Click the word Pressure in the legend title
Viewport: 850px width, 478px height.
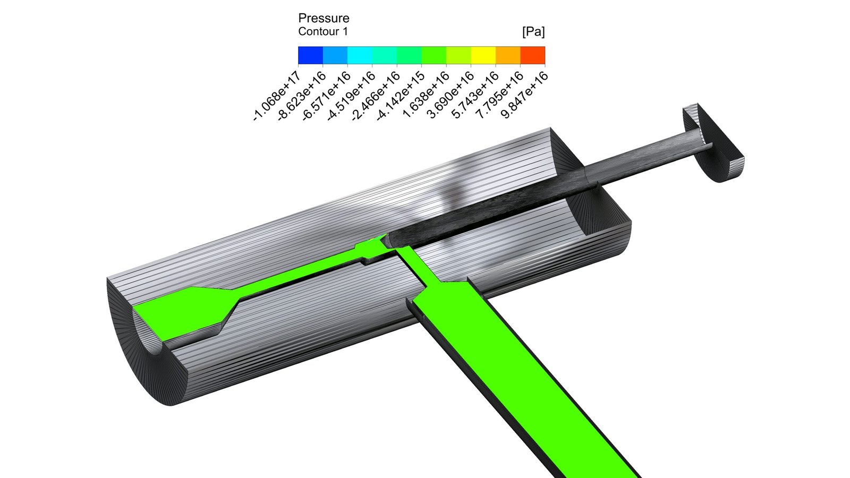[324, 18]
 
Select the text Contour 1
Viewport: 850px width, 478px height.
[323, 31]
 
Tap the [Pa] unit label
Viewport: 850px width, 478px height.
[533, 32]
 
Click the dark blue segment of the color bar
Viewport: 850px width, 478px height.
[310, 55]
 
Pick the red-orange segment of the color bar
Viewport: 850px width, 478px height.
[533, 55]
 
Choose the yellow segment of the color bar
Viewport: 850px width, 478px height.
[483, 55]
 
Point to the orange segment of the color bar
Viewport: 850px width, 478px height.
[508, 55]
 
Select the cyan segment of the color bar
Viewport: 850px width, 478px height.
[360, 55]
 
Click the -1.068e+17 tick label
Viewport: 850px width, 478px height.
[277, 96]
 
